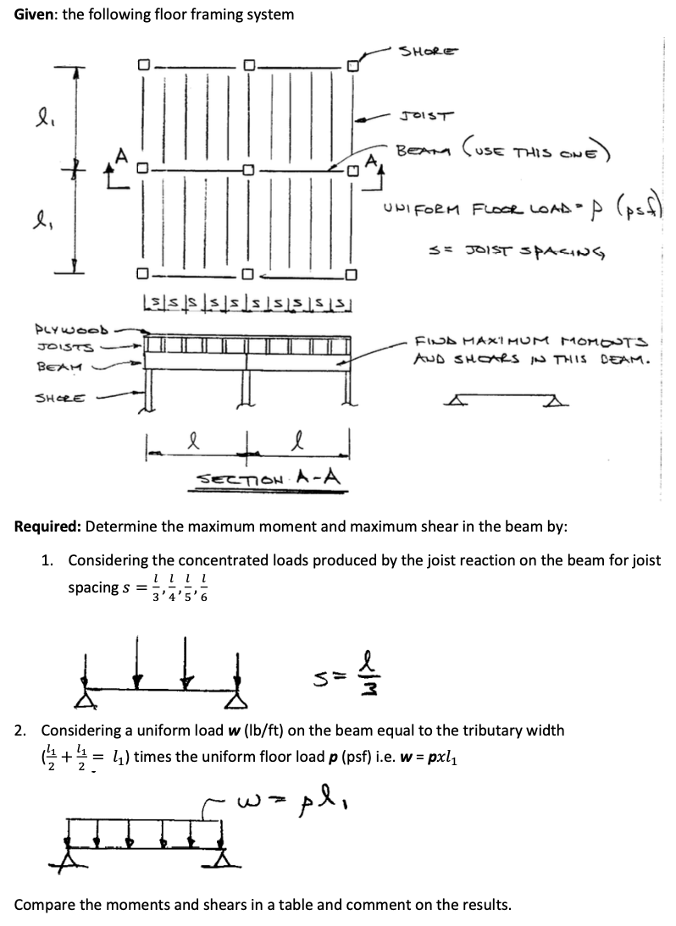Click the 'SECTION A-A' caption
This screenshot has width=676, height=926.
269,478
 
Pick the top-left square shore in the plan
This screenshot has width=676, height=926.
144,65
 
